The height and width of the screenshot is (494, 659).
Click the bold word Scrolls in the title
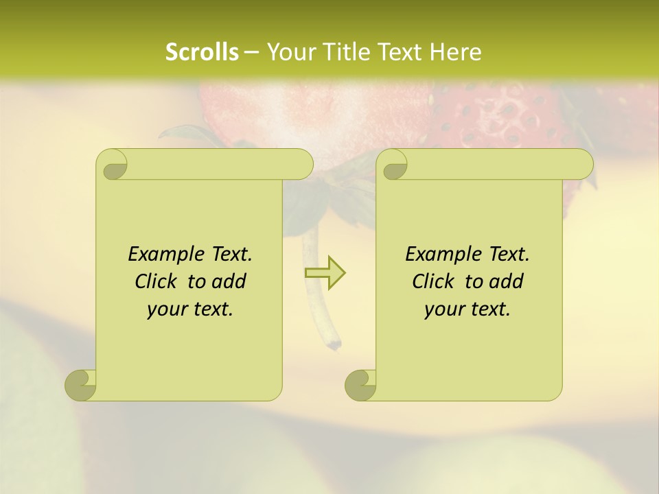coord(202,52)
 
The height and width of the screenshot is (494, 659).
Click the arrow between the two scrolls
coord(325,273)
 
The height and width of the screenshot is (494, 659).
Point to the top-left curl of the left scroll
coord(112,165)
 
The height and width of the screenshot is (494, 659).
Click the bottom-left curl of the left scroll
coord(81,385)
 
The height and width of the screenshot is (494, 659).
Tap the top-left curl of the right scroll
coord(393,165)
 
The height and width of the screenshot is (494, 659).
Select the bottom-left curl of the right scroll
coord(360,385)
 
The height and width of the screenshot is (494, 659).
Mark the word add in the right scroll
coord(507,281)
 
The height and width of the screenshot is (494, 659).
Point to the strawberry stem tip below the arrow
coord(334,340)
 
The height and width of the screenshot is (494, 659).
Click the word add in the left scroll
coord(229,281)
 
